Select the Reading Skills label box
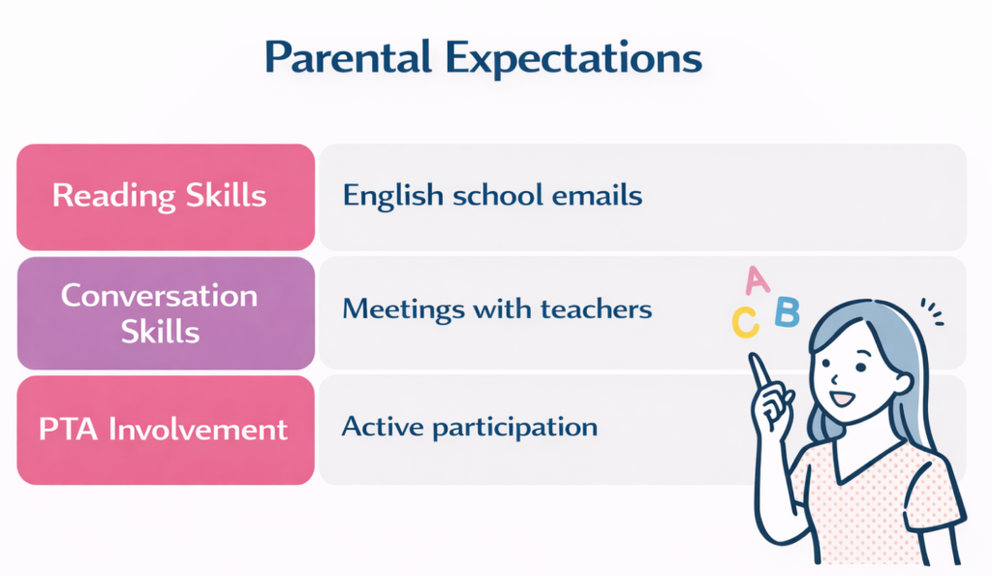(x=165, y=197)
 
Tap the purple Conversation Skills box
(x=165, y=313)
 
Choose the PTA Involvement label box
(x=165, y=430)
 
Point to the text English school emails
(x=492, y=196)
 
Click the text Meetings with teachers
(x=497, y=310)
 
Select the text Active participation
(x=470, y=427)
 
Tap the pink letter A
(x=757, y=281)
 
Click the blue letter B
(x=787, y=312)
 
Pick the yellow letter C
(x=744, y=322)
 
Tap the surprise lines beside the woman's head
(x=931, y=311)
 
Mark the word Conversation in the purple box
(x=160, y=296)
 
